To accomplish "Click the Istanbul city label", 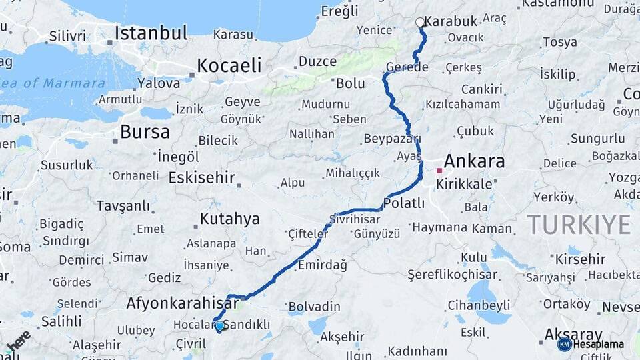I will [151, 33].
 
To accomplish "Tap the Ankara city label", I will [474, 161].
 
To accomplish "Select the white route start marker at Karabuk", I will [420, 23].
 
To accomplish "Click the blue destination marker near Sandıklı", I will [220, 325].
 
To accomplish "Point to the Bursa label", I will [145, 132].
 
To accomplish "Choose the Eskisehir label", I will [201, 177].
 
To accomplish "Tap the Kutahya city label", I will [229, 219].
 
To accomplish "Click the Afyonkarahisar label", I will [182, 303].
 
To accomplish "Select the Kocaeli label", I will [229, 65].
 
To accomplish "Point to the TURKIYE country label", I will [579, 224].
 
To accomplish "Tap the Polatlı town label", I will [405, 203].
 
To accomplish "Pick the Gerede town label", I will [407, 67].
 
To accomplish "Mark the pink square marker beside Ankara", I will [439, 171].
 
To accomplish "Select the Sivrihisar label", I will [355, 219].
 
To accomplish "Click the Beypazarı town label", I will [392, 139].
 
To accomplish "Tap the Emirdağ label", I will [322, 265].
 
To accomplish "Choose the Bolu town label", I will [350, 83].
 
